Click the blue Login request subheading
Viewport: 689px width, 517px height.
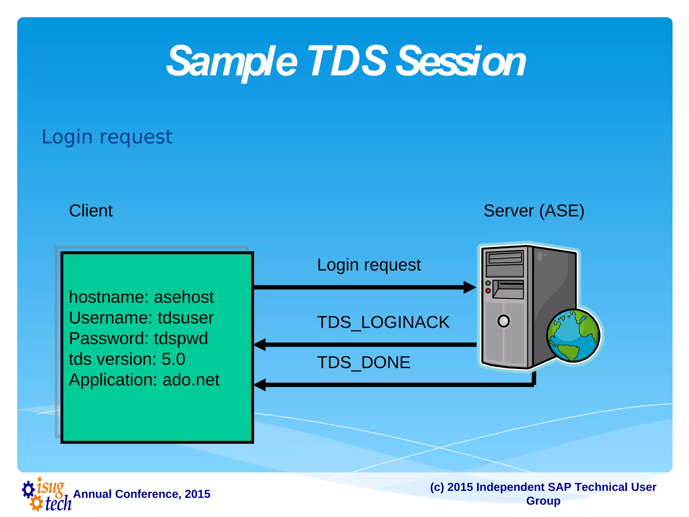tap(107, 137)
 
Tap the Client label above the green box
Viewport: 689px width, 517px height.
tap(91, 211)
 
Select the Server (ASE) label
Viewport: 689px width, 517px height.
tap(534, 211)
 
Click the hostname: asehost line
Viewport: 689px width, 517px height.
tap(141, 297)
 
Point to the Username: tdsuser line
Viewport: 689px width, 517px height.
tap(141, 318)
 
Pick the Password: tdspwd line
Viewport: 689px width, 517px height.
tap(138, 338)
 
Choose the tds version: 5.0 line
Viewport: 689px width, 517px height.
tap(127, 359)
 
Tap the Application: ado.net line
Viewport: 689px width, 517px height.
tap(144, 380)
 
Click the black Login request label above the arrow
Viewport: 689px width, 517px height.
tap(369, 265)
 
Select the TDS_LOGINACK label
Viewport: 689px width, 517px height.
tap(383, 322)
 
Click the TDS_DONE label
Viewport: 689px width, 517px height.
tap(363, 363)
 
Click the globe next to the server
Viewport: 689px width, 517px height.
tap(573, 336)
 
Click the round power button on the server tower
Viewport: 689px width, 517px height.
tap(503, 321)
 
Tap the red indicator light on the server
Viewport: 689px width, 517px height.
tap(488, 290)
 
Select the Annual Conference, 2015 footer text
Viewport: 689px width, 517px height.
tap(142, 494)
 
